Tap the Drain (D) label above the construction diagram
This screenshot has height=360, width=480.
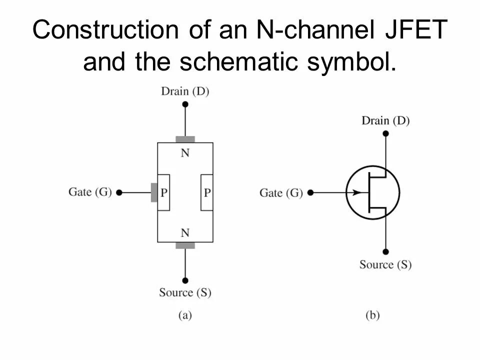click(x=185, y=91)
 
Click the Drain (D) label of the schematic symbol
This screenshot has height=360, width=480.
click(x=385, y=121)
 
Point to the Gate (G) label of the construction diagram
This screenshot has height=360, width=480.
click(x=90, y=192)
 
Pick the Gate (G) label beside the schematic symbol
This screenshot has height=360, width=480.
click(x=281, y=192)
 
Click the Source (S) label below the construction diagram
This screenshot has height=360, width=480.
click(x=185, y=292)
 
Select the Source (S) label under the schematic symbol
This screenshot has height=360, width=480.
click(x=385, y=264)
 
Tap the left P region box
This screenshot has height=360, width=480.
click(x=163, y=192)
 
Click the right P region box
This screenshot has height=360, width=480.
click(x=207, y=192)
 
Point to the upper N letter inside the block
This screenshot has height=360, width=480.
click(x=185, y=153)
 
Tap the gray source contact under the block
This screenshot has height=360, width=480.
click(x=185, y=245)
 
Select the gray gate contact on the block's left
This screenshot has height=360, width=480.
click(x=154, y=192)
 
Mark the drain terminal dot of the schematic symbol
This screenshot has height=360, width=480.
click(x=385, y=133)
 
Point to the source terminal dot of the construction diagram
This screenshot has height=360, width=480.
click(x=185, y=280)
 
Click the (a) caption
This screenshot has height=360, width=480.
click(x=185, y=315)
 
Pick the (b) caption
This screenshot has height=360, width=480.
click(x=372, y=315)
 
